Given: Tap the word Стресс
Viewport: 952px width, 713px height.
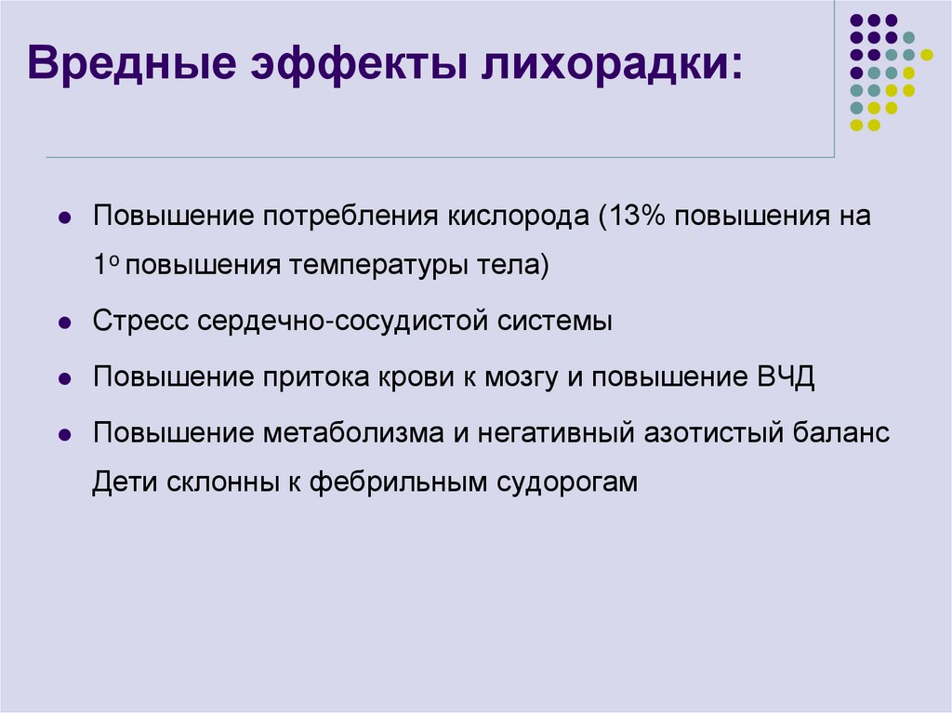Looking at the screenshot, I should (141, 323).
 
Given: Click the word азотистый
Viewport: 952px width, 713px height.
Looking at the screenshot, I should (714, 433).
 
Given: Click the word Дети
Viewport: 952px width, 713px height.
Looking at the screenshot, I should (124, 483).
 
